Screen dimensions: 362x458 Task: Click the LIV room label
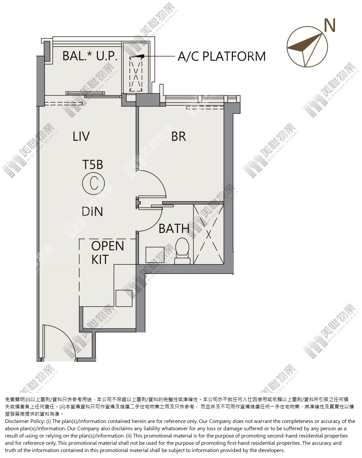click(81, 136)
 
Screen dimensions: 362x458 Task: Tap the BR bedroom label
click(179, 136)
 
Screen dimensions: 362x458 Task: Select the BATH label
click(174, 229)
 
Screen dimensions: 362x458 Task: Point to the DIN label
click(92, 211)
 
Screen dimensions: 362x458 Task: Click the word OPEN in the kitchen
click(108, 246)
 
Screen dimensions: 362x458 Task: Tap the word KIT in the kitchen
click(100, 259)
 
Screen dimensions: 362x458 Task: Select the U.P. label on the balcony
click(107, 56)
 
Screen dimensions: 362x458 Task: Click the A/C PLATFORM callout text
click(222, 56)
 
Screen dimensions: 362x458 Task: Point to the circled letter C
click(93, 183)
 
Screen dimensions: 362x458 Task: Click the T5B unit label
click(92, 165)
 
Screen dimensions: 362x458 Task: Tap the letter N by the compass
click(330, 25)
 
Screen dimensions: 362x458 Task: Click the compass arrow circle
click(307, 47)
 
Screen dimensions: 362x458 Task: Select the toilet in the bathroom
click(182, 251)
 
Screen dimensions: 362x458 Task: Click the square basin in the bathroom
click(155, 255)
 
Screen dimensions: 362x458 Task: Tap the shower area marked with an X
click(208, 234)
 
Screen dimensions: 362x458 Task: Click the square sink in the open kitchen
click(124, 298)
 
